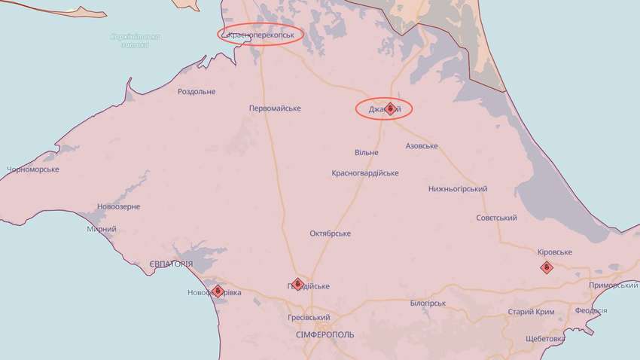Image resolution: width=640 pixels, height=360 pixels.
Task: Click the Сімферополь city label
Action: click(325, 334)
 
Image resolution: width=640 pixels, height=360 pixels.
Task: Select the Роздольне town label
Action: click(196, 92)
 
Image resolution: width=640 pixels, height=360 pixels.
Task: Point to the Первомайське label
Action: click(275, 108)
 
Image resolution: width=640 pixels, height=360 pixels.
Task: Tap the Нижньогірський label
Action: click(457, 188)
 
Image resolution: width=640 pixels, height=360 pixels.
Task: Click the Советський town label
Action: click(496, 218)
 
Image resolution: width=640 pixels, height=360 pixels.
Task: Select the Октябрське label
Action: click(330, 233)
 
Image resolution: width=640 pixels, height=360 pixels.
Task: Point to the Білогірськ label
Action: click(428, 304)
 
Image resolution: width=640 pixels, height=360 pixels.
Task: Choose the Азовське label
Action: click(422, 145)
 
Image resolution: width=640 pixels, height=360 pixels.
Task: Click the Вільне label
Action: click(367, 153)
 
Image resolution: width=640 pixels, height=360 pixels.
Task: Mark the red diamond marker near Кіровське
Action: click(546, 267)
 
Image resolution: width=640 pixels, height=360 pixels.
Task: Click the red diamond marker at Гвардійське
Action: click(297, 284)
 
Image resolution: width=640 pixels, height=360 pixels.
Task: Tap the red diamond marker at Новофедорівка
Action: click(217, 290)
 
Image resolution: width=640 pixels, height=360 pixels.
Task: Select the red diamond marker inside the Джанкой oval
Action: click(390, 108)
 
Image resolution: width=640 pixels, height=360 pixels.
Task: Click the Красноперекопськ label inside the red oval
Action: click(261, 35)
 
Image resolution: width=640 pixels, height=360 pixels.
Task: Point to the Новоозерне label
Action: click(119, 206)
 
